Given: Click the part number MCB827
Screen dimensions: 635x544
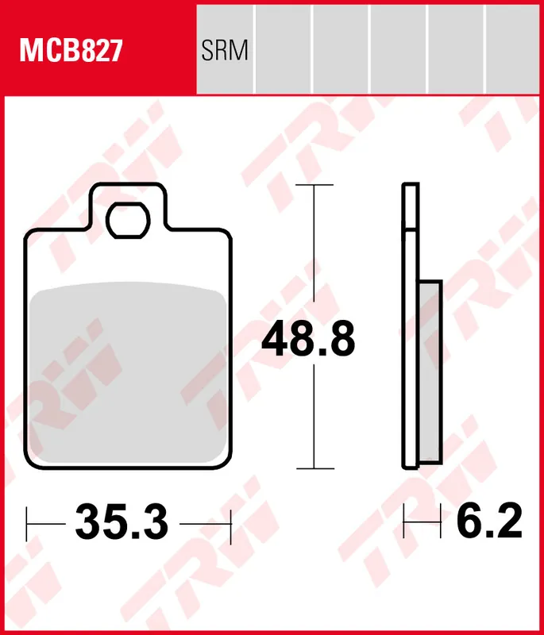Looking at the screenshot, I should pos(71,52).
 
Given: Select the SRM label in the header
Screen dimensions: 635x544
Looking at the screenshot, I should pos(225,52).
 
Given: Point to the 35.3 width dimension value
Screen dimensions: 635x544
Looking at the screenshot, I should pos(122,523).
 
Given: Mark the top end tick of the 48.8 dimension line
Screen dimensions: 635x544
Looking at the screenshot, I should pos(315,185).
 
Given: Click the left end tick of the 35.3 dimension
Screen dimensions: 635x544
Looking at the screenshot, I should pos(28,523).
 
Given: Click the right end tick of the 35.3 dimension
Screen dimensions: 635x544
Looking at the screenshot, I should pos(230,523).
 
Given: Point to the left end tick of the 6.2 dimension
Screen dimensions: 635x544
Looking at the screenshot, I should pos(405,523).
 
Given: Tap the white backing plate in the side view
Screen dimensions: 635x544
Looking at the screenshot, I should pos(409,333).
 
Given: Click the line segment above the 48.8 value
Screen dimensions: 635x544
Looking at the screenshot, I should pos(315,246).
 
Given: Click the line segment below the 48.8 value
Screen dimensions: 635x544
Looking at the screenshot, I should pos(315,421).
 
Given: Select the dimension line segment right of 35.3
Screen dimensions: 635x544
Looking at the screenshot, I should pos(205,523).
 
